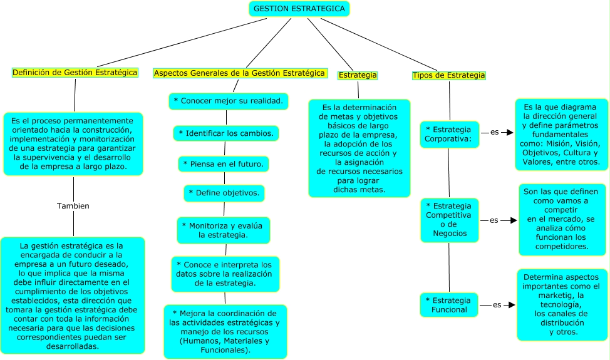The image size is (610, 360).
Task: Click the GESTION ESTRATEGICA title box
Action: [x=299, y=9]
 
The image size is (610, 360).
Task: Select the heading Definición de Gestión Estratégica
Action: [x=75, y=73]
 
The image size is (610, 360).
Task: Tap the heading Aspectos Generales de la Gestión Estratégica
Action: [x=239, y=73]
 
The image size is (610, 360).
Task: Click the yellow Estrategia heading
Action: [x=358, y=75]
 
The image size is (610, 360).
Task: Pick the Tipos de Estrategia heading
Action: [x=448, y=75]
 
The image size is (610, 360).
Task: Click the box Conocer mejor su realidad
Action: [x=228, y=101]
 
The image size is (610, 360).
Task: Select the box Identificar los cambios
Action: [x=226, y=133]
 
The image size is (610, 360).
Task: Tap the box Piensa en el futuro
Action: [x=224, y=164]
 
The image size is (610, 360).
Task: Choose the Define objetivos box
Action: [x=224, y=193]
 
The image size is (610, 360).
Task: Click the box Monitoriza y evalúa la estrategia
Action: [x=223, y=230]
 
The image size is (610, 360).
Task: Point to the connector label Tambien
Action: [x=73, y=206]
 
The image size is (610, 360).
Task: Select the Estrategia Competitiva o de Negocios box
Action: [x=449, y=220]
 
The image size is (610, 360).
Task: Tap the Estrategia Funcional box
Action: [x=449, y=304]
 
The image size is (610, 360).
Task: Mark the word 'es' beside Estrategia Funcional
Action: [x=497, y=305]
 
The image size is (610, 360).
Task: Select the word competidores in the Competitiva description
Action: [x=562, y=247]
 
